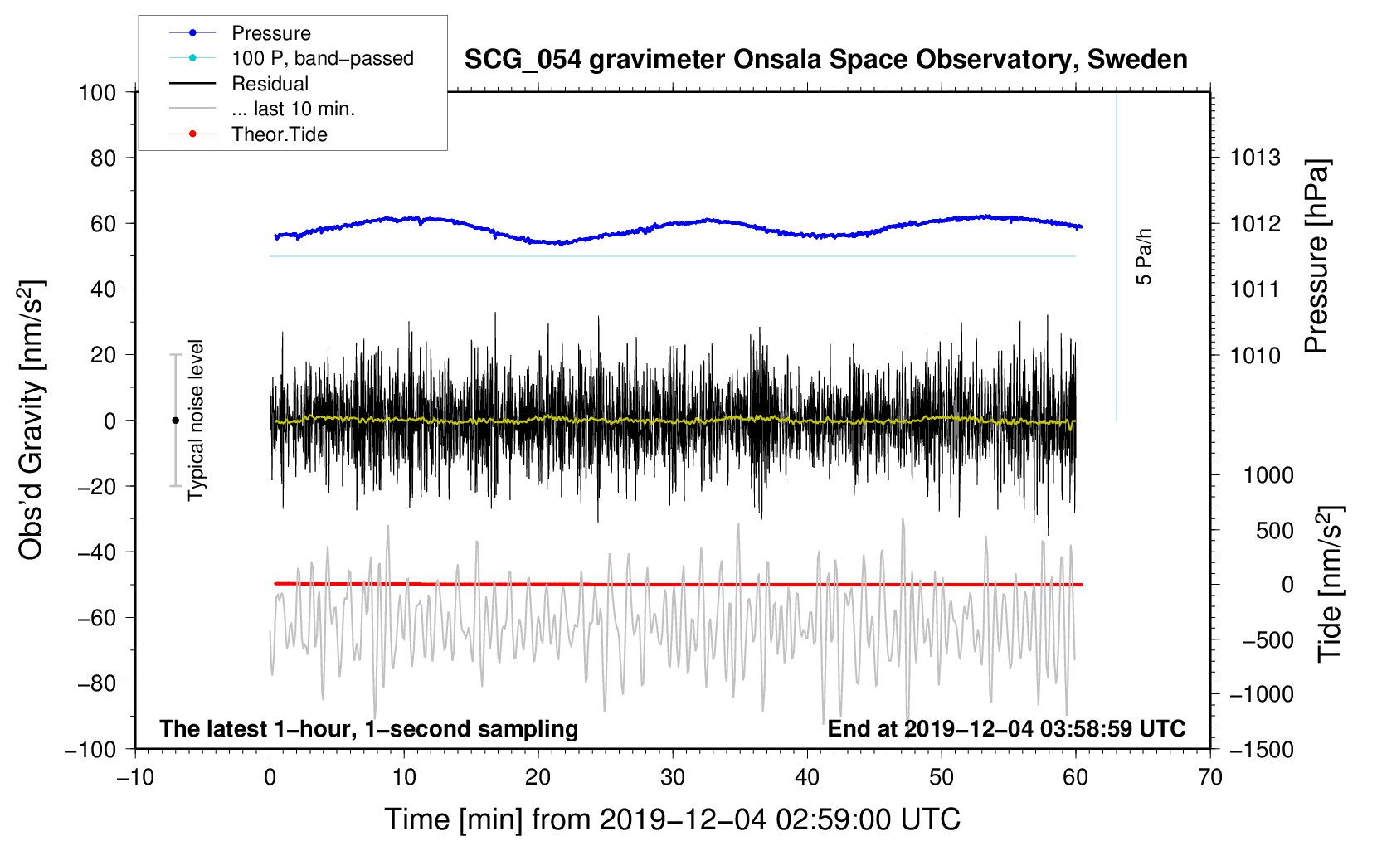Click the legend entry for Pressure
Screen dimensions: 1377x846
(x=271, y=32)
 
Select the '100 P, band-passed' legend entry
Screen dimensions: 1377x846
(x=323, y=58)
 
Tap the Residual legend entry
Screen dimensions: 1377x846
(x=270, y=84)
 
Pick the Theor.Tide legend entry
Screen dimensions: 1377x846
(x=279, y=134)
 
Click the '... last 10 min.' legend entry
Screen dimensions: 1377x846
(x=293, y=109)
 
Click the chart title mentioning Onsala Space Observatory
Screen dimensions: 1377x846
(x=825, y=60)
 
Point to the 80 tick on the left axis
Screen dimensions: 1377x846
(x=103, y=158)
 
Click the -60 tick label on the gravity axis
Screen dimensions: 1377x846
(x=96, y=617)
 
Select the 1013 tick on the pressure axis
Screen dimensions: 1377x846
(x=1255, y=158)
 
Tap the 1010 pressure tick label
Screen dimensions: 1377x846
(x=1255, y=355)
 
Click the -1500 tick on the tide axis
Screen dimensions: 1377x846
(x=1262, y=750)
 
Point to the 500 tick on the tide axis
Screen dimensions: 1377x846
(x=1274, y=531)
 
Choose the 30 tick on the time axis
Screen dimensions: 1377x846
(x=673, y=778)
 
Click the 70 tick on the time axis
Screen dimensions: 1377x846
(x=1209, y=778)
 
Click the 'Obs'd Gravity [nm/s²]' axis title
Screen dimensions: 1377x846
(x=31, y=420)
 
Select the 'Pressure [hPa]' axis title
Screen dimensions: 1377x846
(x=1316, y=256)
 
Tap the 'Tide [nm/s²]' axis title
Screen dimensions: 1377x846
(x=1331, y=584)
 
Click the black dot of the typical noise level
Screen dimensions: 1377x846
(x=175, y=421)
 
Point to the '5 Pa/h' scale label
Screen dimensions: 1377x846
(x=1143, y=256)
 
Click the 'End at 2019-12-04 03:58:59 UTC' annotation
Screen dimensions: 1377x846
(x=1006, y=728)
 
